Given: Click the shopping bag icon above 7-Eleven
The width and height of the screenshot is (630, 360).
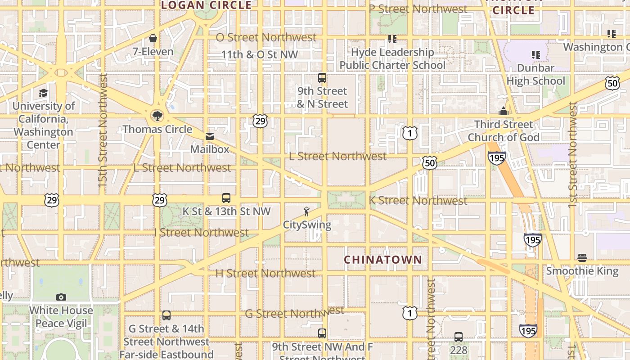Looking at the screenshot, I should (x=153, y=38).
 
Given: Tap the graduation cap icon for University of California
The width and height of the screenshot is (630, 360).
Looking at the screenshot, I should (x=43, y=93).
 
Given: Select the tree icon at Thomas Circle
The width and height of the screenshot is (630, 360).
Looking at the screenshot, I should (x=157, y=116).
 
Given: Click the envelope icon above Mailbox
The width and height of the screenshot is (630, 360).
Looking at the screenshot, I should (x=210, y=136).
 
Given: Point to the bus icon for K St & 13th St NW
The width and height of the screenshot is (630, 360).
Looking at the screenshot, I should (x=226, y=198).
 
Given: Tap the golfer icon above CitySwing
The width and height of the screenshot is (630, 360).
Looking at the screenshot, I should (x=307, y=211).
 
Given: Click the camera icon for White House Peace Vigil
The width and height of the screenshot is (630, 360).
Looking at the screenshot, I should (x=61, y=297).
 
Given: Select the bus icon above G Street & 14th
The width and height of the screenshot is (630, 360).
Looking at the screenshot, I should (x=166, y=315).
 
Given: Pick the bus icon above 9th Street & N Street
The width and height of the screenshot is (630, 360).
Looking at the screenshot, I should (x=322, y=78).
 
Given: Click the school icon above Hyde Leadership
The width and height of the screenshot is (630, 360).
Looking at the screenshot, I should (x=392, y=39).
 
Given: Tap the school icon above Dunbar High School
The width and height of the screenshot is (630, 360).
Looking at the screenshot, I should (x=535, y=55).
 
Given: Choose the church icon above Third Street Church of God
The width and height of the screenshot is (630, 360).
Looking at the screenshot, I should (x=503, y=111).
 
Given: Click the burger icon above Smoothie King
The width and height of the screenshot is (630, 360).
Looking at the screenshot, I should (x=582, y=258).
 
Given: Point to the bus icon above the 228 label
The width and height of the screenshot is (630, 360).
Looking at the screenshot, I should (x=459, y=337).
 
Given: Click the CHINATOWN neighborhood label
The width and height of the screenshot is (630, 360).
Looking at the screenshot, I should (x=383, y=260).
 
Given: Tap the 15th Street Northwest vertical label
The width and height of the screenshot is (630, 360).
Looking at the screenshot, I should (x=103, y=130).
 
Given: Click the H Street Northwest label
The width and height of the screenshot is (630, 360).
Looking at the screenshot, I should (x=265, y=273).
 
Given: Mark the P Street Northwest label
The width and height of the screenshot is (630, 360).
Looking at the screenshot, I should (x=418, y=9).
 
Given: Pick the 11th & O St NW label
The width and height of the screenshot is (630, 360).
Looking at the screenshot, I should (x=260, y=55).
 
